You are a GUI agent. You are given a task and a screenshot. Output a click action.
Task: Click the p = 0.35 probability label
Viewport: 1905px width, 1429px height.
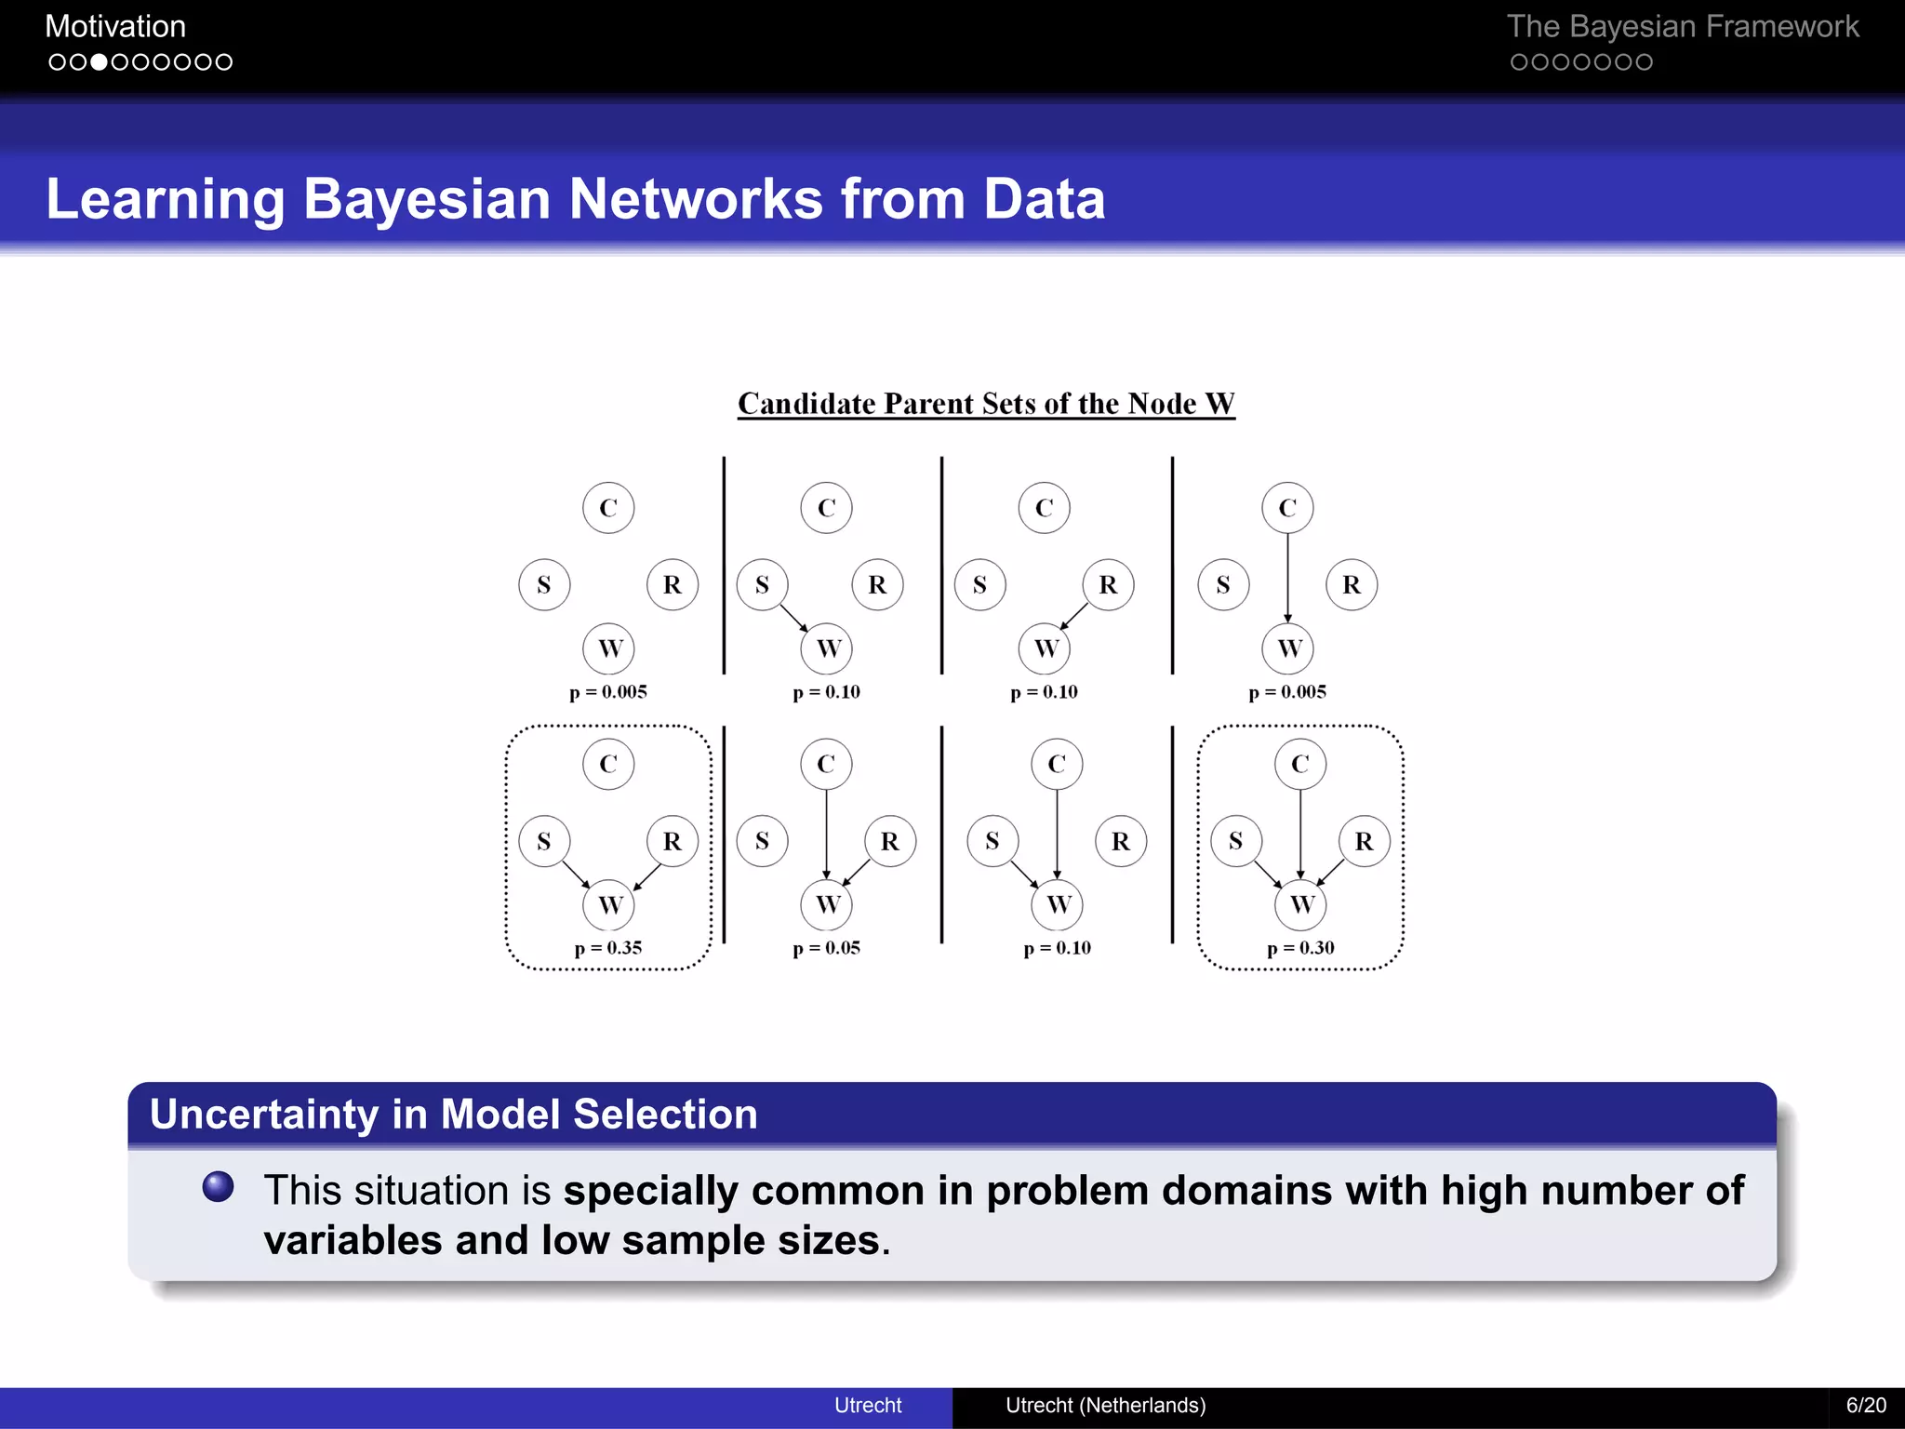pyautogui.click(x=608, y=948)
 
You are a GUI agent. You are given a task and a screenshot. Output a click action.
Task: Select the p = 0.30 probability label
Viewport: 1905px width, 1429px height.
pyautogui.click(x=1300, y=948)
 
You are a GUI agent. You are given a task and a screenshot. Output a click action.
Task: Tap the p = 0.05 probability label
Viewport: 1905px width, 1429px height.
pyautogui.click(x=826, y=948)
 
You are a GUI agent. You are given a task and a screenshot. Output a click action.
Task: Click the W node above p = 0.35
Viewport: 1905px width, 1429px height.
pyautogui.click(x=609, y=904)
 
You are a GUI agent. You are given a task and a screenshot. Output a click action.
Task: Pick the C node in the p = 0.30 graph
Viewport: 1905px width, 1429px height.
pyautogui.click(x=1300, y=764)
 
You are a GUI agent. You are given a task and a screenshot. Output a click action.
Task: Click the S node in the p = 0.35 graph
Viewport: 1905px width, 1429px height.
pyautogui.click(x=544, y=841)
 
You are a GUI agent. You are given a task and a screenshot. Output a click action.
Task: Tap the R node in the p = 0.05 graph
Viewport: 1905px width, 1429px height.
pyautogui.click(x=890, y=841)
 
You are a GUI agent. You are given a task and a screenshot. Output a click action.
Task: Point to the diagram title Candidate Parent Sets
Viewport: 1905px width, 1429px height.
pyautogui.click(x=986, y=404)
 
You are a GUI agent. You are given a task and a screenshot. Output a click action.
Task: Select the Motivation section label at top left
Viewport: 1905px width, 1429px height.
pyautogui.click(x=115, y=26)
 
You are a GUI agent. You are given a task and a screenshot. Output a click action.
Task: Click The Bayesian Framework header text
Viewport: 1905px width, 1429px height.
pyautogui.click(x=1682, y=26)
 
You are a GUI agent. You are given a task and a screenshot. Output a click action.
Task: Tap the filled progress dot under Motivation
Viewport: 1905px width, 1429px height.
pyautogui.click(x=98, y=62)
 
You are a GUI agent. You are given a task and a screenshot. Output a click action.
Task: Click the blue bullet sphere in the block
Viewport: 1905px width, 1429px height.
pyautogui.click(x=219, y=1186)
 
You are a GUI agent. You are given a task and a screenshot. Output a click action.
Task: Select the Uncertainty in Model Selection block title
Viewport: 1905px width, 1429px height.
pyautogui.click(x=454, y=1115)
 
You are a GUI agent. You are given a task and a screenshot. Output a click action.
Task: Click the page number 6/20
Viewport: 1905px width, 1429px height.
pyautogui.click(x=1866, y=1405)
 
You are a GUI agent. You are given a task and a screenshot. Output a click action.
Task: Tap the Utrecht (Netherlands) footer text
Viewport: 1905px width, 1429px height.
pyautogui.click(x=1105, y=1405)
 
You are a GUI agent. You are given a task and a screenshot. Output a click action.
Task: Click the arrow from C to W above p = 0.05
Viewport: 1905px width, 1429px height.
pyautogui.click(x=826, y=833)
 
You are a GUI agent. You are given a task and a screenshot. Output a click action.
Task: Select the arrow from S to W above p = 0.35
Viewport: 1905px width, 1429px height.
pyautogui.click(x=576, y=874)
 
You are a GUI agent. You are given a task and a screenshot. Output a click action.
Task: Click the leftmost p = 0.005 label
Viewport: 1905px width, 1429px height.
pyautogui.click(x=608, y=692)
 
